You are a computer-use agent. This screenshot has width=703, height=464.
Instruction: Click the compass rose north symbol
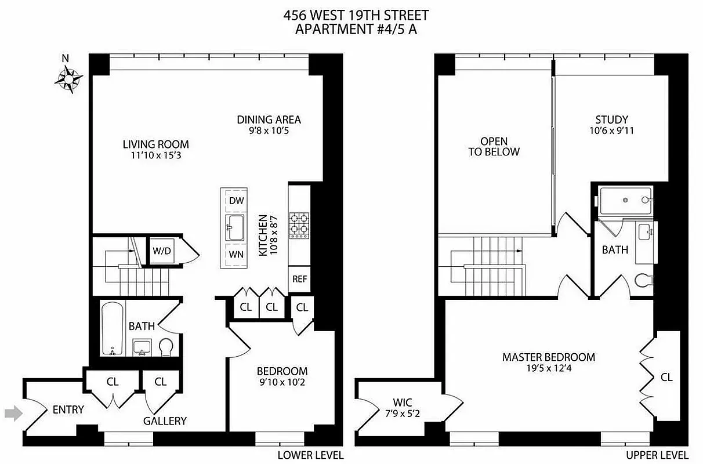68,77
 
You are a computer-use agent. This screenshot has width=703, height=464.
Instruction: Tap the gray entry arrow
12,413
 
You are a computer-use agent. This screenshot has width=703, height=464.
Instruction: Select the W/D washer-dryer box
162,251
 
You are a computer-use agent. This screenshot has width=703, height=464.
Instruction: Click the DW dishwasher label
236,201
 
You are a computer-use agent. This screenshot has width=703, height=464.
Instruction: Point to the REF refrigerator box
299,278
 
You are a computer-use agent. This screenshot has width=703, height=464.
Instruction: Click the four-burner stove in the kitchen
299,224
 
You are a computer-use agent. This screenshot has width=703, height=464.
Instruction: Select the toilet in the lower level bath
166,346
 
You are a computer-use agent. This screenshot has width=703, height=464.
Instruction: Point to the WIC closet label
402,402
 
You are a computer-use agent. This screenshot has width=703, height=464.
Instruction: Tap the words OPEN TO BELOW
494,146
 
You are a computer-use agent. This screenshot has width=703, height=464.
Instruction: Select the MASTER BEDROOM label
549,357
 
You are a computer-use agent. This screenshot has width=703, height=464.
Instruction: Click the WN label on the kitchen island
236,254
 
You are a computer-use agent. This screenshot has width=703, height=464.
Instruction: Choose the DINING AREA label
269,119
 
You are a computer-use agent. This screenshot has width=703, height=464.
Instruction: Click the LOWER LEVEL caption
310,455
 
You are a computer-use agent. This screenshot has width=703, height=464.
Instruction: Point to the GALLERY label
165,421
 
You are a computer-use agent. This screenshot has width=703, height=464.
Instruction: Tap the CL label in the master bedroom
666,377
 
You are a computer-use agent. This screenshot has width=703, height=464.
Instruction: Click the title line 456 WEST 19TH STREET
356,16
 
